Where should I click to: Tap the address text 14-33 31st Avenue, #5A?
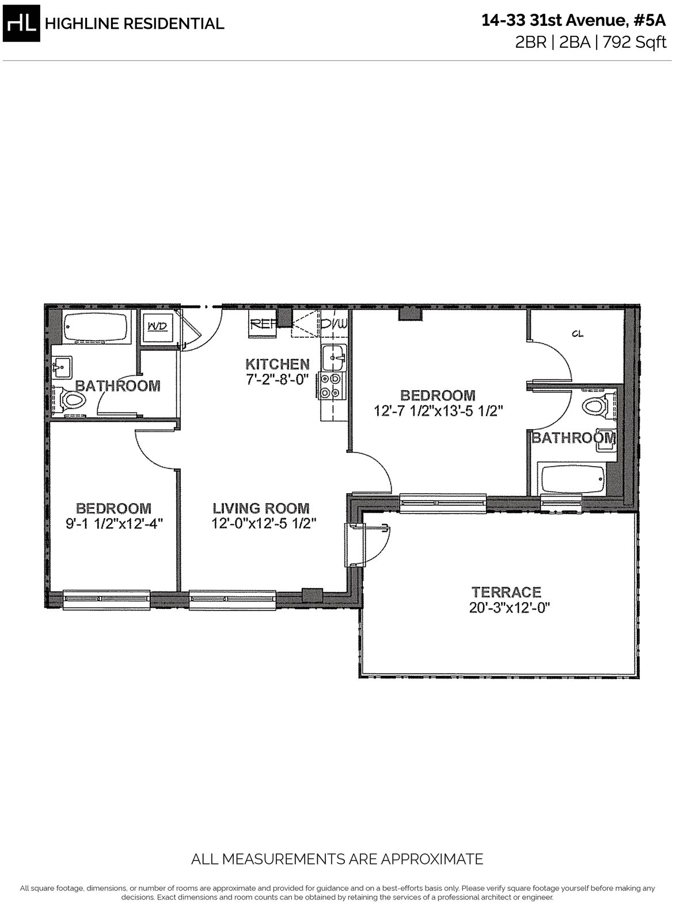(x=574, y=21)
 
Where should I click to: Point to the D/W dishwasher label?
(x=335, y=324)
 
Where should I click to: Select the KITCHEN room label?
(x=278, y=364)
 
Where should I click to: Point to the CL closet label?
(x=578, y=333)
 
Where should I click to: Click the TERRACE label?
(x=506, y=592)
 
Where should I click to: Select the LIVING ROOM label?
(x=261, y=508)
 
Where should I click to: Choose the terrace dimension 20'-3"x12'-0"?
(x=506, y=608)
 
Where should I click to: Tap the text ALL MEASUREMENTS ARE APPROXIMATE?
(x=337, y=859)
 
